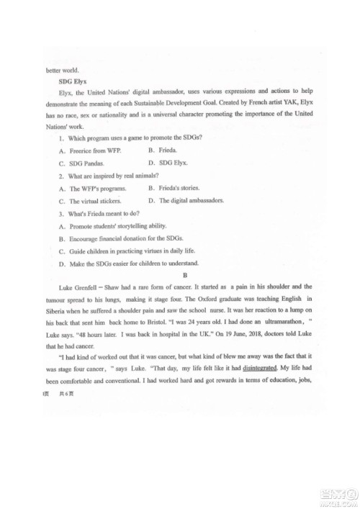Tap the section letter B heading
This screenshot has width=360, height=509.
(x=185, y=274)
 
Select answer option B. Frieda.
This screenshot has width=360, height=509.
(x=162, y=150)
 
